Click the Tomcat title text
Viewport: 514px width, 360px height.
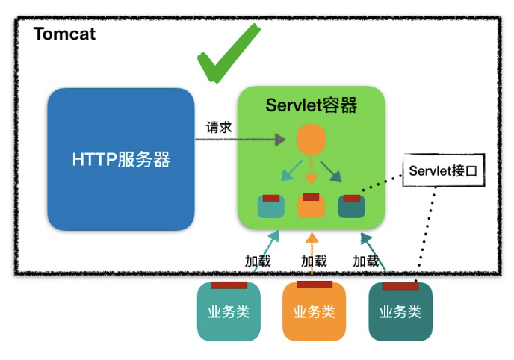[65, 34]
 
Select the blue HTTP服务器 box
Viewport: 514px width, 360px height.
[121, 159]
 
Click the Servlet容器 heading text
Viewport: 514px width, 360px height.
[311, 105]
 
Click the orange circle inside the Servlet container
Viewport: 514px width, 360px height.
[312, 140]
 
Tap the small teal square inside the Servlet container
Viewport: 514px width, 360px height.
[269, 206]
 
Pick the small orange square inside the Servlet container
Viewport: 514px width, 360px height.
[311, 206]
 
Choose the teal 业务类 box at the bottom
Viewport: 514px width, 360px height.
[229, 311]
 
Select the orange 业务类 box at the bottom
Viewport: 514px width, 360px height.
[315, 311]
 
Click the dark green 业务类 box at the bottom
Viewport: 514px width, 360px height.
[400, 311]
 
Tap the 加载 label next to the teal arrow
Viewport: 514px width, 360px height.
[258, 261]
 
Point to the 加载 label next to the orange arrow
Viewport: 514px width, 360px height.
[314, 261]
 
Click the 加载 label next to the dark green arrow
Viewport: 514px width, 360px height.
[366, 261]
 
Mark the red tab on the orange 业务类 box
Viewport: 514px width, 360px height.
[315, 285]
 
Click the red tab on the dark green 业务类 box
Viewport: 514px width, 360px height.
[400, 285]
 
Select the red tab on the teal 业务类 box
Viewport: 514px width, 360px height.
[229, 285]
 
